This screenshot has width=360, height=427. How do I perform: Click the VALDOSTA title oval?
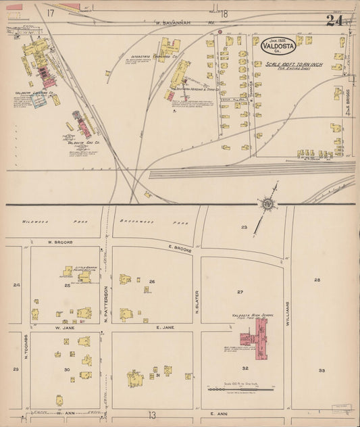(x=278, y=48)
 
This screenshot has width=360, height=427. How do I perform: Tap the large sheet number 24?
(x=334, y=21)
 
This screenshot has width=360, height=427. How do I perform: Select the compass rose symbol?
(x=269, y=205)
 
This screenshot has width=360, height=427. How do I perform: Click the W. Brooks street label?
(x=59, y=241)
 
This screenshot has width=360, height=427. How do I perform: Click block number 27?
(x=239, y=292)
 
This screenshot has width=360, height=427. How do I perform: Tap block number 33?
(x=322, y=370)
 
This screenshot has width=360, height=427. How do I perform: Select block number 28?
(x=316, y=279)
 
